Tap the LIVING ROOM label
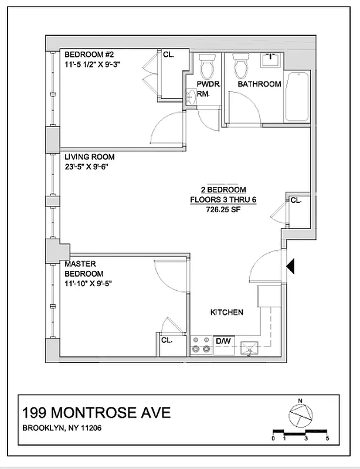89,157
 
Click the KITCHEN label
226,312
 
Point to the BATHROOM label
259,84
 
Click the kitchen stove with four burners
201,345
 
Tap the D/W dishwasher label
223,340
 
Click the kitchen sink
249,348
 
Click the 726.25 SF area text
223,208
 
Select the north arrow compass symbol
301,415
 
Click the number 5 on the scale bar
327,438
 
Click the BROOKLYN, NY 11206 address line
70,428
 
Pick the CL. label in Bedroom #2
168,55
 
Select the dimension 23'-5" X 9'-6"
87,166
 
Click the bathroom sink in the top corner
271,58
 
